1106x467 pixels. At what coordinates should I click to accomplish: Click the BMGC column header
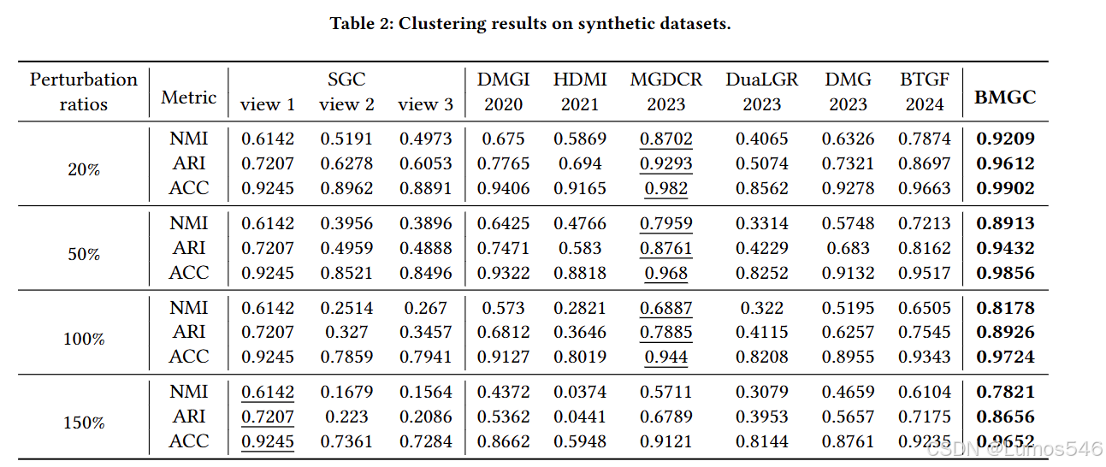pyautogui.click(x=1005, y=98)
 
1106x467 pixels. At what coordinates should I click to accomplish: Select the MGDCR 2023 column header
pyautogui.click(x=666, y=92)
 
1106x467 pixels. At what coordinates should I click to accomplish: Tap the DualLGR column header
pyautogui.click(x=761, y=92)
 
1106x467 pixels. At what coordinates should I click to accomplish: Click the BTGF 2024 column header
pyautogui.click(x=924, y=92)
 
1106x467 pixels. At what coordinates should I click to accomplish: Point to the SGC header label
pyautogui.click(x=346, y=80)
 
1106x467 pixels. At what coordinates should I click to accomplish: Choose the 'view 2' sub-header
pyautogui.click(x=346, y=104)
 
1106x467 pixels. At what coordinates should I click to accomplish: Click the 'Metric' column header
pyautogui.click(x=189, y=98)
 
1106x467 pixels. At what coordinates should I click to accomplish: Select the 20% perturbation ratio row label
pyautogui.click(x=84, y=169)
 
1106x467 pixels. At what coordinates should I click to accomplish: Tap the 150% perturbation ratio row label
pyautogui.click(x=84, y=423)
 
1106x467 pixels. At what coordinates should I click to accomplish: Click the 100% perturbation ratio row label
pyautogui.click(x=84, y=339)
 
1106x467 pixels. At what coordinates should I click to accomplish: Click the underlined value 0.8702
pyautogui.click(x=666, y=139)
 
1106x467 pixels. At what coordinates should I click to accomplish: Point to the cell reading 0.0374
pyautogui.click(x=580, y=392)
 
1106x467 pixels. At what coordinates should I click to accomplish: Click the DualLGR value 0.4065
pyautogui.click(x=761, y=139)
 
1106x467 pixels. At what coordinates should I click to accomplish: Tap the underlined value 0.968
pyautogui.click(x=666, y=273)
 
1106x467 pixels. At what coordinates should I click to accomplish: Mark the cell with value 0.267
pyautogui.click(x=425, y=308)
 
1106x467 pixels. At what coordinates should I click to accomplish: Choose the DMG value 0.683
pyautogui.click(x=848, y=248)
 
